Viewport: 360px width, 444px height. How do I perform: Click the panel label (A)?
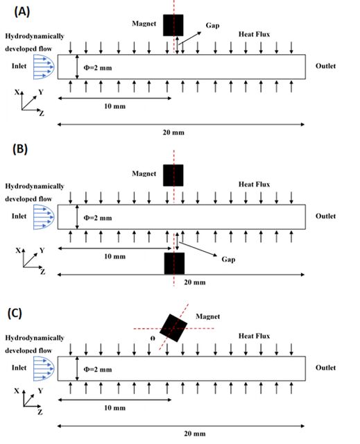coord(22,12)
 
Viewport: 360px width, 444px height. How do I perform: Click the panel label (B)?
coord(20,149)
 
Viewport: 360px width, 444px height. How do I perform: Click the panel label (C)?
coord(15,313)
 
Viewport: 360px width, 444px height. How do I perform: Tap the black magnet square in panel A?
coord(173,25)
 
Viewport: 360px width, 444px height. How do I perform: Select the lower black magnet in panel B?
coord(174,264)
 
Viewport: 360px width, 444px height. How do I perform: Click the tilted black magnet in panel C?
coord(173,328)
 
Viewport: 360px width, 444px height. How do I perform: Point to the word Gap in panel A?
coord(212,26)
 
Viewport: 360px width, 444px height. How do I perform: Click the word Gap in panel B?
coord(228,259)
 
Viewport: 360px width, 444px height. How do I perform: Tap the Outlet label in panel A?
coord(325,66)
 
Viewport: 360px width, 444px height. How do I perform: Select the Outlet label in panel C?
coord(325,368)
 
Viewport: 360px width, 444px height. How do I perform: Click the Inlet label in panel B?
coord(19,216)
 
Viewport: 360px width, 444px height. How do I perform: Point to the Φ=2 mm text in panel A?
coord(98,68)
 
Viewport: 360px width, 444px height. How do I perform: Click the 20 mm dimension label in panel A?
coord(173,133)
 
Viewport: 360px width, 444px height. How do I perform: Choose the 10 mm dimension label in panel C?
coord(114,408)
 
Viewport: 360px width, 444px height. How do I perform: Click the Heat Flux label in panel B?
coord(254,185)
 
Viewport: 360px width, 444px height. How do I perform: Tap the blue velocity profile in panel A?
coord(44,67)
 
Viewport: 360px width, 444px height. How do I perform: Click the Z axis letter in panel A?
coord(42,114)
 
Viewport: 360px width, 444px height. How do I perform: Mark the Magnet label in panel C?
coord(207,316)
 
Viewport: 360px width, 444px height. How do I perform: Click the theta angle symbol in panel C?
coord(153,339)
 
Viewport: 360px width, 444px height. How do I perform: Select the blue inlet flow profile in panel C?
coord(44,368)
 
